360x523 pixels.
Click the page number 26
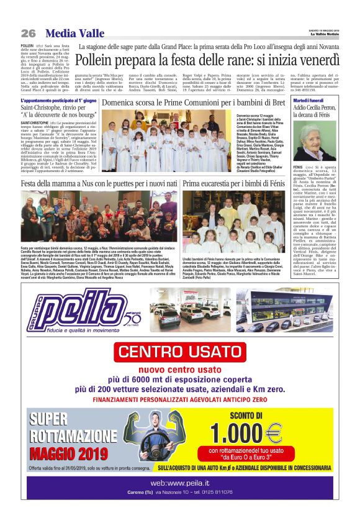[x=28, y=33]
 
